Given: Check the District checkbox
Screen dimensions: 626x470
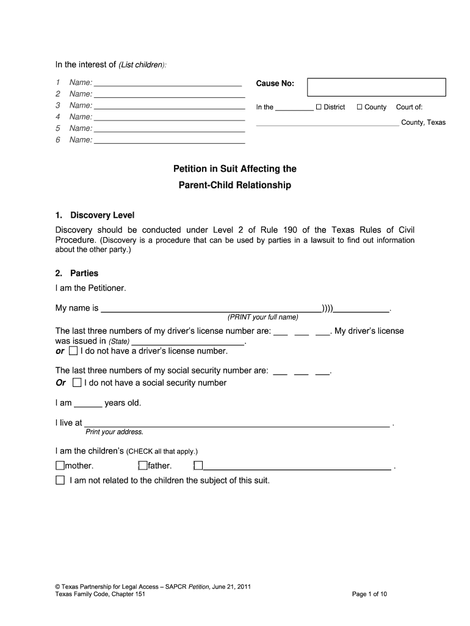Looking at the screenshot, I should pyautogui.click(x=319, y=107).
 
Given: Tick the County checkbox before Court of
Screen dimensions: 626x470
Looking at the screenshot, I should pyautogui.click(x=360, y=107).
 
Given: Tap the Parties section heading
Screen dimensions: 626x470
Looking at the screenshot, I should pyautogui.click(x=84, y=273).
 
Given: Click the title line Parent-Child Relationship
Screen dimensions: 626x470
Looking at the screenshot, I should pyautogui.click(x=235, y=185).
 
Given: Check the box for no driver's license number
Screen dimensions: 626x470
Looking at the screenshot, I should pyautogui.click(x=73, y=351).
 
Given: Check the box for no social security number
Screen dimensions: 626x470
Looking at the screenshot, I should pyautogui.click(x=77, y=383).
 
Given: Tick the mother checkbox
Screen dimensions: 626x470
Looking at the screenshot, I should pyautogui.click(x=59, y=466).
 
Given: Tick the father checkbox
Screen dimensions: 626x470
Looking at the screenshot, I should pyautogui.click(x=143, y=466).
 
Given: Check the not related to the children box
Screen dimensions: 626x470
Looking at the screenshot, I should pyautogui.click(x=60, y=481).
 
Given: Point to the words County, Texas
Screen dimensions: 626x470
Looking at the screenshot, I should pyautogui.click(x=423, y=122).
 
